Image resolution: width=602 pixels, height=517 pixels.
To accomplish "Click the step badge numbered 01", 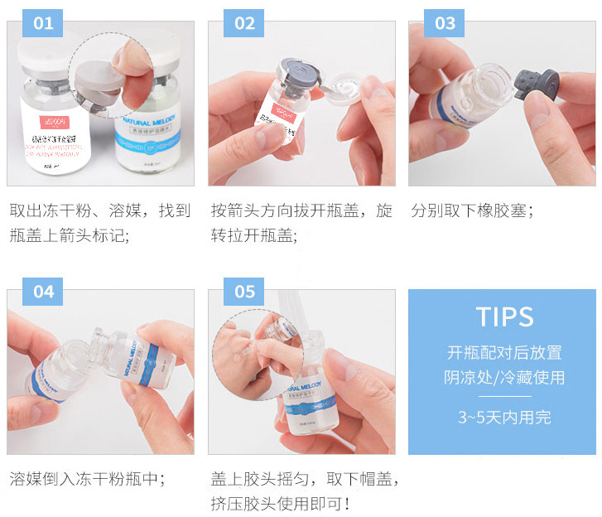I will click(x=43, y=23).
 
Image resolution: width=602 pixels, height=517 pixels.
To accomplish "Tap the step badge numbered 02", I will click(x=244, y=23).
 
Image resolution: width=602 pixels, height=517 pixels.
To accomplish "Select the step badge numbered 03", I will click(x=445, y=23).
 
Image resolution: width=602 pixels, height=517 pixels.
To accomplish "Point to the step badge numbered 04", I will click(x=43, y=292).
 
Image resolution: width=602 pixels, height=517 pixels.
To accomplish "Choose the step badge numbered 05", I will click(x=244, y=292).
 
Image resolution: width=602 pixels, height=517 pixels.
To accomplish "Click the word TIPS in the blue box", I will click(x=504, y=316).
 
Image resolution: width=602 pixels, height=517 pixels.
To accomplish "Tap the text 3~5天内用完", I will click(x=504, y=418).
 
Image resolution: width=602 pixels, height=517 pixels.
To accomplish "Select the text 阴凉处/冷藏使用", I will click(x=504, y=378).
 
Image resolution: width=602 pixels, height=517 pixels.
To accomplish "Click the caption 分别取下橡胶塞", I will click(x=472, y=210).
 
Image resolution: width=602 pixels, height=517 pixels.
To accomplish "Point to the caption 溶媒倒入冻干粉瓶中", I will click(x=87, y=479).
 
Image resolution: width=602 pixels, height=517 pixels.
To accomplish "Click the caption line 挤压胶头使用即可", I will click(x=281, y=504).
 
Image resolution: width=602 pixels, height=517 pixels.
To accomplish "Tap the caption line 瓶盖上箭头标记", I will click(x=70, y=235).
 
